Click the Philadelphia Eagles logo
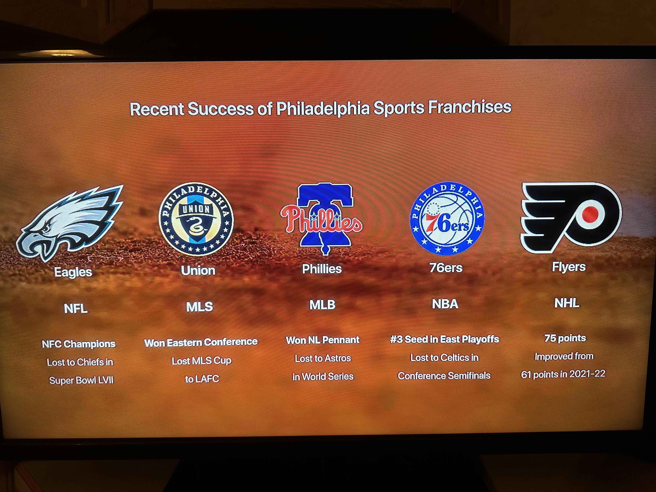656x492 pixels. pos(70,222)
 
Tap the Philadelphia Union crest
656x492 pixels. pos(196,219)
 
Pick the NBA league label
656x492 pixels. pos(445,304)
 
